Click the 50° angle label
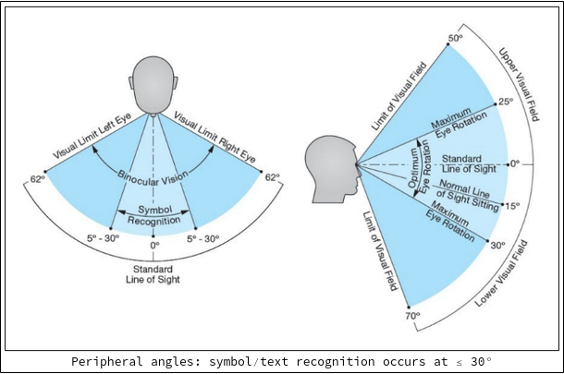[x=455, y=38]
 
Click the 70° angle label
[x=412, y=316]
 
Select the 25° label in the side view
[x=505, y=102]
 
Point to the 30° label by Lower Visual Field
[x=498, y=247]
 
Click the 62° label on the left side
[x=37, y=178]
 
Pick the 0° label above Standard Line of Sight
[x=154, y=247]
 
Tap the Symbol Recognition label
[x=154, y=217]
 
